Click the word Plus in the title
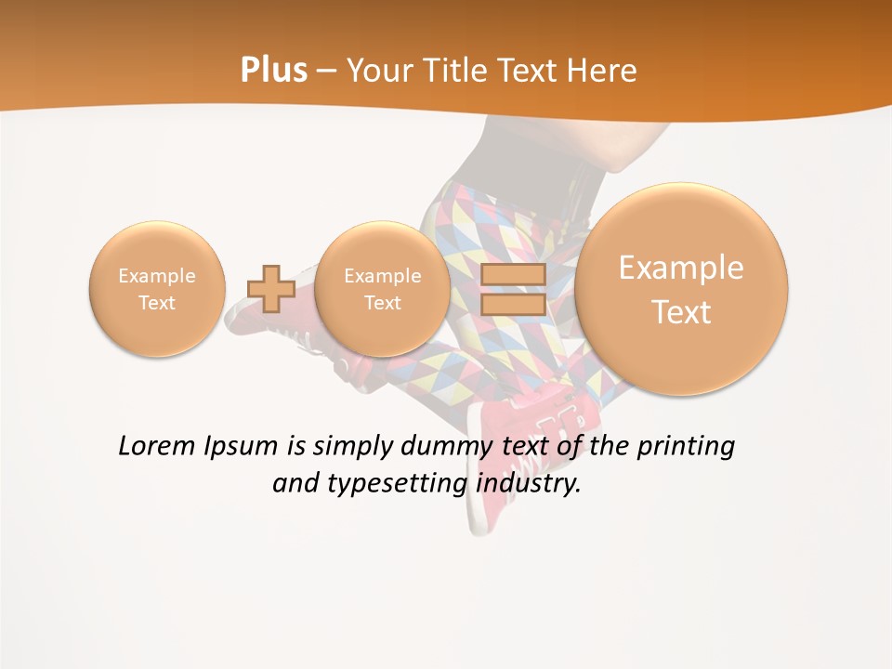273,71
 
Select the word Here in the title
604,71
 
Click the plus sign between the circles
271,288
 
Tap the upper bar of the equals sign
512,274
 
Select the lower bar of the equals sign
512,304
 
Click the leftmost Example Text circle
157,288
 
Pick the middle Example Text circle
382,288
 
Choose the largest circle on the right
681,288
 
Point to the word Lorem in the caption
157,447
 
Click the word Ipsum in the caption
242,447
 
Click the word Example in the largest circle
681,268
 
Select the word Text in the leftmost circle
157,303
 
